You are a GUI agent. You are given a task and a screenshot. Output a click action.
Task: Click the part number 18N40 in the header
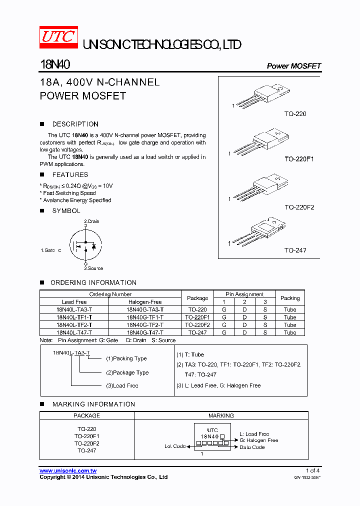pyautogui.click(x=55, y=65)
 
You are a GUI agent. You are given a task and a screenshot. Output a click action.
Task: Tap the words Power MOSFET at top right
pyautogui.click(x=293, y=66)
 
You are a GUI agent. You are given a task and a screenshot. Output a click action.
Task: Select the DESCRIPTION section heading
pyautogui.click(x=75, y=124)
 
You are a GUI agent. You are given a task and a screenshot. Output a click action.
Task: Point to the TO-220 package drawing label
pyautogui.click(x=295, y=114)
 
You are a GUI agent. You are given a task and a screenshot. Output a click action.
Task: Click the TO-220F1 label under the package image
pyautogui.click(x=299, y=159)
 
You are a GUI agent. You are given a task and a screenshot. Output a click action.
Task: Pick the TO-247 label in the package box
pyautogui.click(x=295, y=250)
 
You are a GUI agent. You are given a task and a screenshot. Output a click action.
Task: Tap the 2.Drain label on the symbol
pyautogui.click(x=91, y=221)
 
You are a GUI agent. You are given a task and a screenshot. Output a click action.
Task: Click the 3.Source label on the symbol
pyautogui.click(x=93, y=268)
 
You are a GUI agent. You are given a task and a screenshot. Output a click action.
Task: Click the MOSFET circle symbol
pyautogui.click(x=85, y=244)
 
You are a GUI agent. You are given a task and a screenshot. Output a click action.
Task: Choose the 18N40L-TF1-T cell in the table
pyautogui.click(x=74, y=317)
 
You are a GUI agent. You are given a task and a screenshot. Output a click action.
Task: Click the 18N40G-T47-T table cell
pyautogui.click(x=144, y=332)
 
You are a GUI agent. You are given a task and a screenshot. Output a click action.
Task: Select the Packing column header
pyautogui.click(x=290, y=298)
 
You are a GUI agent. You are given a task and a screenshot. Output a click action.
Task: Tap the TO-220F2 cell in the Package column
pyautogui.click(x=197, y=324)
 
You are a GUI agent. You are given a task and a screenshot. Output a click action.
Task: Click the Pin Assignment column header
pyautogui.click(x=244, y=294)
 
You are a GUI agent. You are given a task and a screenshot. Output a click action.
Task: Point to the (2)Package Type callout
pyautogui.click(x=127, y=372)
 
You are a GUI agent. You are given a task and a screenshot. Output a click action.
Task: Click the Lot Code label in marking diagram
pyautogui.click(x=175, y=446)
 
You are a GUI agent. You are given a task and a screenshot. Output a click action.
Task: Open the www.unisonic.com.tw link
pyautogui.click(x=68, y=470)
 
